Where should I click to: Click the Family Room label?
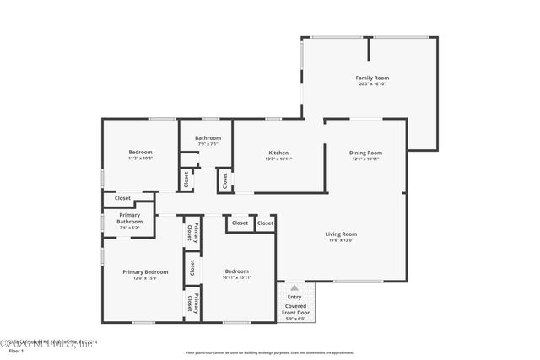click(x=371, y=78)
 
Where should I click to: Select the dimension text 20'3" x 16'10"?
click(x=371, y=84)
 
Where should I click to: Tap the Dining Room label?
click(x=365, y=153)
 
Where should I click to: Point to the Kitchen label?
click(x=278, y=153)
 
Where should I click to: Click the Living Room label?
click(x=342, y=234)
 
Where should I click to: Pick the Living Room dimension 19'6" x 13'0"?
click(x=342, y=240)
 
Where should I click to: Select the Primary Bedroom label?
click(x=145, y=271)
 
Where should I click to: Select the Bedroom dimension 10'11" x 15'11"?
click(x=237, y=277)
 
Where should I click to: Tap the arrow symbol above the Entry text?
click(x=294, y=287)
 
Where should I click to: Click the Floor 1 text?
click(x=16, y=350)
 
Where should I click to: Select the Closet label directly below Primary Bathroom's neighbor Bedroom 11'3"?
click(x=123, y=198)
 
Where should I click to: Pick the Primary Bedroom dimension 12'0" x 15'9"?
click(x=145, y=278)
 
